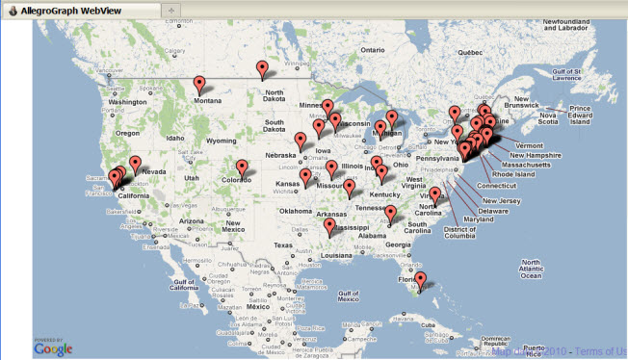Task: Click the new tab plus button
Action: (170, 9)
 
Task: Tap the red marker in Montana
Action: (199, 84)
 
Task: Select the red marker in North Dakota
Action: (263, 68)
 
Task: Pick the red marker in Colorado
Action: (242, 167)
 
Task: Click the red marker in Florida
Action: (420, 280)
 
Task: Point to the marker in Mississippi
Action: (330, 226)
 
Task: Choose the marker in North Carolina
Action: (435, 194)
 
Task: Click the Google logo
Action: (54, 347)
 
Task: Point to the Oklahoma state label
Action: (298, 211)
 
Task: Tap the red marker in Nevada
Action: (135, 164)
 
